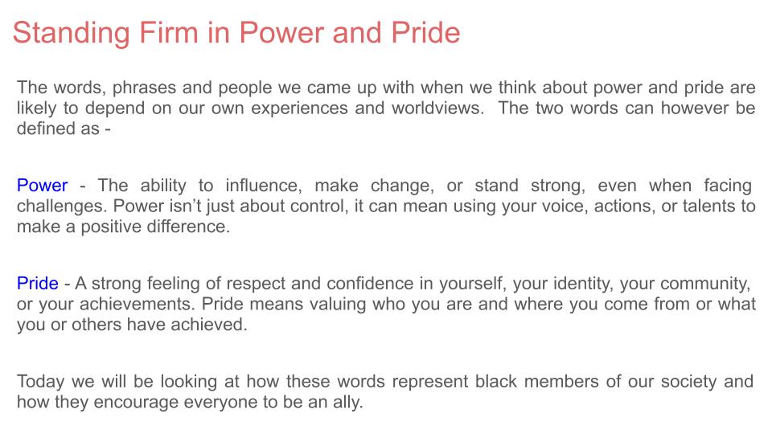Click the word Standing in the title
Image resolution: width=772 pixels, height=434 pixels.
(72, 34)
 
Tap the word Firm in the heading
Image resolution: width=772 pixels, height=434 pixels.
(169, 32)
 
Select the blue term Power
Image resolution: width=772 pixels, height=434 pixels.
(43, 186)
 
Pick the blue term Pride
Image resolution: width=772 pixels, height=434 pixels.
(38, 284)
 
